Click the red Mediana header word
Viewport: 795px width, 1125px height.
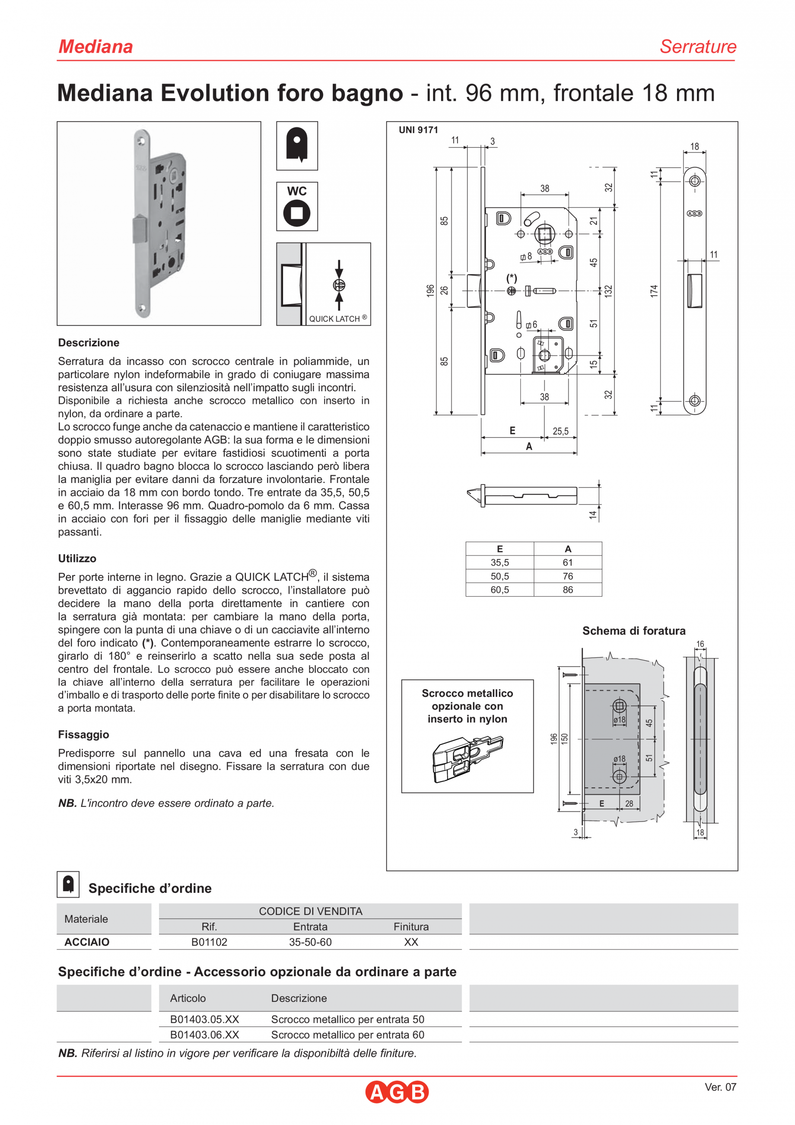(x=95, y=47)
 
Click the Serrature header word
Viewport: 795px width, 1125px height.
(x=698, y=47)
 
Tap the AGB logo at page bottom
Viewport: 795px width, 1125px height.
(x=397, y=1092)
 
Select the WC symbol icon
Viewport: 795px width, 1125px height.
(x=297, y=206)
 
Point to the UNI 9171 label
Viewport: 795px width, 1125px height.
(x=418, y=130)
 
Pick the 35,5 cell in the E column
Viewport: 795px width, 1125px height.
(x=499, y=562)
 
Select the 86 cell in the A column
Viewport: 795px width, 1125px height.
(x=567, y=590)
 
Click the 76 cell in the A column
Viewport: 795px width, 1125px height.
(x=567, y=576)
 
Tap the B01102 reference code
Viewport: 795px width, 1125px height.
(x=209, y=942)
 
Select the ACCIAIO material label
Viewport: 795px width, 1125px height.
(x=87, y=942)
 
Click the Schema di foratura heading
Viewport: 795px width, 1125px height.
(x=633, y=631)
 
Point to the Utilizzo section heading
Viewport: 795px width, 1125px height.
(x=77, y=559)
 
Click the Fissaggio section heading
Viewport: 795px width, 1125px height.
(x=83, y=735)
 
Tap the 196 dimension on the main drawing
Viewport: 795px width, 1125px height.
(x=430, y=291)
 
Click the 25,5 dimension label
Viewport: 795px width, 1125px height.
(x=560, y=431)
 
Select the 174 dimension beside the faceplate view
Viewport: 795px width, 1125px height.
(x=654, y=291)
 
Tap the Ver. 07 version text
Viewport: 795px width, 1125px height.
(x=720, y=1087)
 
